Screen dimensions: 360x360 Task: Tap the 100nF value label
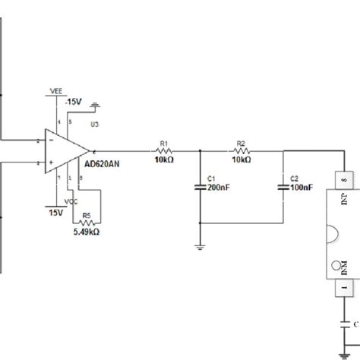click(x=301, y=187)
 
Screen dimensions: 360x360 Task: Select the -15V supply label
click(x=74, y=100)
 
